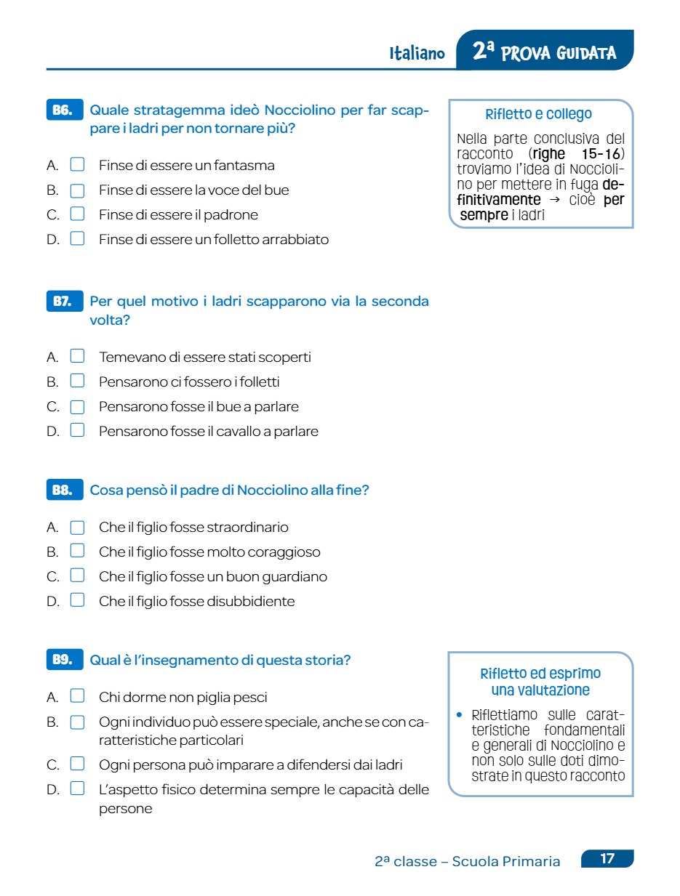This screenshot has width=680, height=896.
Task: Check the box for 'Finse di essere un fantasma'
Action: tap(77, 165)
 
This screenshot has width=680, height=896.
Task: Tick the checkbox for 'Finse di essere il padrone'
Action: tap(77, 214)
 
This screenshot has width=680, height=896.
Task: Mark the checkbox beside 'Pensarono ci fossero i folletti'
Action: tap(77, 382)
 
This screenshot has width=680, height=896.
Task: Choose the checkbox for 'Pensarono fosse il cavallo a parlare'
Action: tap(77, 431)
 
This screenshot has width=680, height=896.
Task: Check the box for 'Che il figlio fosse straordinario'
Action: tap(77, 527)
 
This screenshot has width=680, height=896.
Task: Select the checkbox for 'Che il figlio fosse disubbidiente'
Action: tap(77, 601)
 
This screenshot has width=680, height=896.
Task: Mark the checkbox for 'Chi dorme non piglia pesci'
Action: tap(77, 697)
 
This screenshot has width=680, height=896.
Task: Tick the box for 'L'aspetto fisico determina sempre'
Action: tap(77, 788)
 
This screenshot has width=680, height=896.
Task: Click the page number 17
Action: tap(607, 859)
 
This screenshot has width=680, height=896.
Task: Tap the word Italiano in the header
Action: tap(417, 54)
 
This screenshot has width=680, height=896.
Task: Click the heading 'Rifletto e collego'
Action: tap(538, 114)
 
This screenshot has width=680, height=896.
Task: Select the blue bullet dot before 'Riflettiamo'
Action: tap(459, 715)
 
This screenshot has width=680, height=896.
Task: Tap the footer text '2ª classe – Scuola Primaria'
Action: tap(467, 862)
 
